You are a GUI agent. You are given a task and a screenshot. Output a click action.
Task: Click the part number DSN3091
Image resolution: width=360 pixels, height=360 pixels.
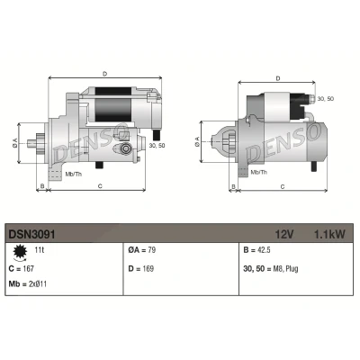31,234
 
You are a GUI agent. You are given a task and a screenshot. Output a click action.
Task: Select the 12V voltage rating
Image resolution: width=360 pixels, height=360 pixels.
284,234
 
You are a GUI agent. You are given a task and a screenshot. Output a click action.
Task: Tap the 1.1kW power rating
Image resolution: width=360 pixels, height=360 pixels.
329,234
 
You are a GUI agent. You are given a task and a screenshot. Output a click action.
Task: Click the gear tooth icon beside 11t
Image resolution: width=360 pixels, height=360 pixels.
21,252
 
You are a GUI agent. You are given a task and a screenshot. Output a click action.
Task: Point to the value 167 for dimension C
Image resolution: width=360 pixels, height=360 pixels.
28,268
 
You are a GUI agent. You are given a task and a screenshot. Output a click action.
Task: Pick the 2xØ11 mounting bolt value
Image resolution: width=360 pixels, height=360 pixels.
38,283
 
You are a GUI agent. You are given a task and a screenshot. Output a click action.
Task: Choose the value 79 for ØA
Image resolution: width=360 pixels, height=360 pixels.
151,250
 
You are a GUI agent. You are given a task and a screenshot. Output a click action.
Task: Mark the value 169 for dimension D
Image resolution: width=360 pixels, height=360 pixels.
148,268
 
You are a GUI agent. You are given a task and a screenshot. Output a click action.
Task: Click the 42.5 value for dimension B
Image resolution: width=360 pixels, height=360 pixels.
264,250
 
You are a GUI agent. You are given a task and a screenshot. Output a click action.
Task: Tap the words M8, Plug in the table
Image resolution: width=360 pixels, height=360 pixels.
285,269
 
